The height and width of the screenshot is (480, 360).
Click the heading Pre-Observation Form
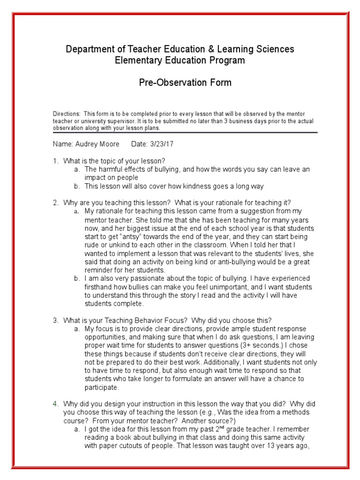(185, 83)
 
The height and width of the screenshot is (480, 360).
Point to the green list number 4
(55, 404)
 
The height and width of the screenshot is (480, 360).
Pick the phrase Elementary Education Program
(180, 60)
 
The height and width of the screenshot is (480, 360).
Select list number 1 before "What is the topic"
(55, 161)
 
